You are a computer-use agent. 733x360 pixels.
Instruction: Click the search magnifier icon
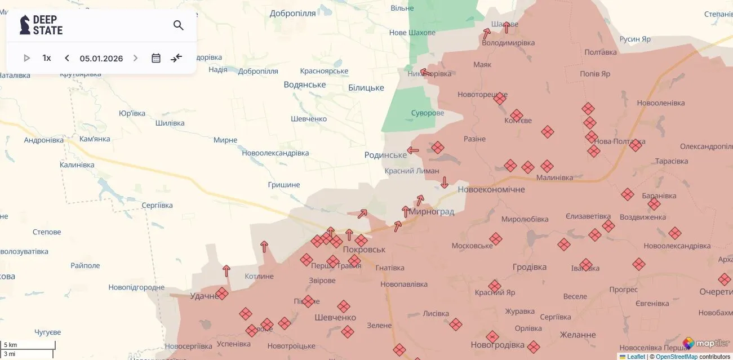[179, 25]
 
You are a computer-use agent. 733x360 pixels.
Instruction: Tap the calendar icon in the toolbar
[156, 58]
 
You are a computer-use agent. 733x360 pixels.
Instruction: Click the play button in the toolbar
[26, 58]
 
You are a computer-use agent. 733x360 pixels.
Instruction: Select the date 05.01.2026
[101, 58]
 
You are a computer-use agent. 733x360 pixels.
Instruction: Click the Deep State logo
[41, 25]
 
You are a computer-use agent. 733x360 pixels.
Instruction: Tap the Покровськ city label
[364, 249]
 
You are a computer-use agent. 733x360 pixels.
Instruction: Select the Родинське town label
[385, 155]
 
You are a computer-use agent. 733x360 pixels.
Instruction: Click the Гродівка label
[530, 267]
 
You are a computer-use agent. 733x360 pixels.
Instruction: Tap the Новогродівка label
[497, 345]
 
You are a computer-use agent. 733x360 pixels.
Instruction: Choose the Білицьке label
[366, 87]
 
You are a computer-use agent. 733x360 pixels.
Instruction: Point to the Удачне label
[204, 296]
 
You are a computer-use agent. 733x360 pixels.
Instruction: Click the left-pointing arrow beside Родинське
[413, 150]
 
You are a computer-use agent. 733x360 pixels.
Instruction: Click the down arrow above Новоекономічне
[445, 182]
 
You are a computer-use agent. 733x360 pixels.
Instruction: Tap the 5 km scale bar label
[11, 345]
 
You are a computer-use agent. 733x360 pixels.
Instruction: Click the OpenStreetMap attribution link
[676, 357]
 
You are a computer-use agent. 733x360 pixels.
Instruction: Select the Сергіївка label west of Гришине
[157, 206]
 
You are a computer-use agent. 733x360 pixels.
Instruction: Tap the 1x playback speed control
[47, 58]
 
